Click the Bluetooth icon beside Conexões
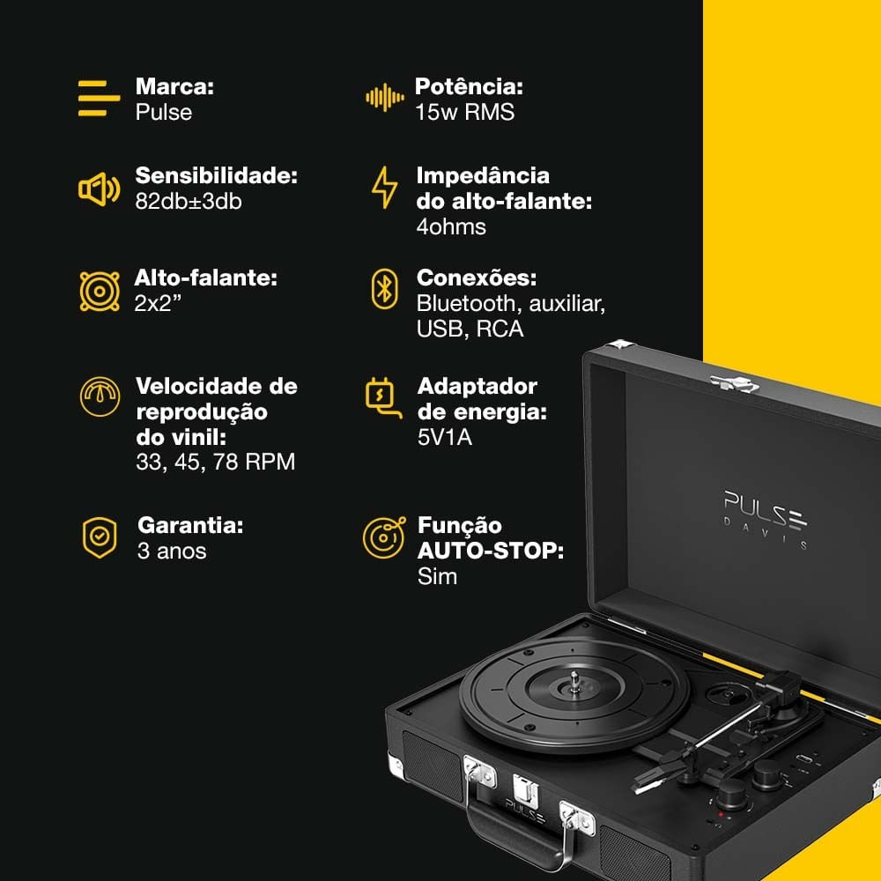pos(384,289)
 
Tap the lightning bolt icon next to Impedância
pos(384,188)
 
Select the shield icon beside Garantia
pos(100,537)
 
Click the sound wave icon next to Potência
pos(385,98)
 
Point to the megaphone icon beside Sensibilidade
pos(99,190)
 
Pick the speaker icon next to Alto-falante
pos(100,291)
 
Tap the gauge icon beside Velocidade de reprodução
pos(100,396)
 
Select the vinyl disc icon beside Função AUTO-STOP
pos(384,537)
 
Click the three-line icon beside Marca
pos(99,99)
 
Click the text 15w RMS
pos(464,113)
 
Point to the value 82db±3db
pos(189,201)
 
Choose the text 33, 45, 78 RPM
pos(215,462)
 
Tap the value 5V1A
pos(444,437)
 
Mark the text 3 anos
pos(172,552)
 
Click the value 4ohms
pos(451,227)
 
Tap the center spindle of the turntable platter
pos(574,681)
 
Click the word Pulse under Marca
pos(164,113)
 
